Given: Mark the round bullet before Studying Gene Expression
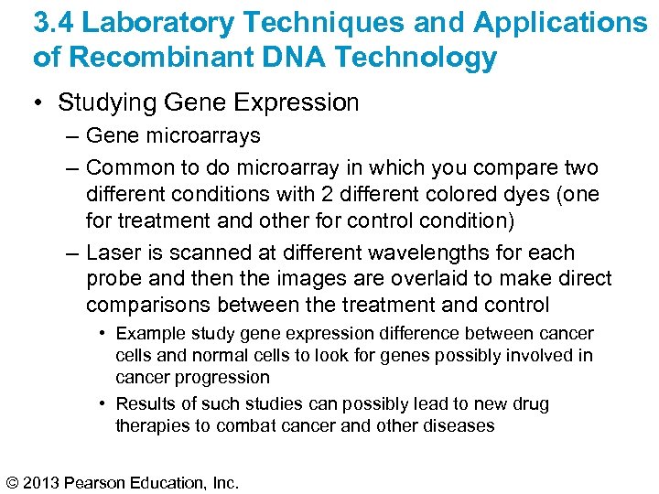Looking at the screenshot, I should tap(40, 103).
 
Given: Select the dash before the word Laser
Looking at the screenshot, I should tap(71, 253).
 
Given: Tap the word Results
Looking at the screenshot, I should tap(146, 404).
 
